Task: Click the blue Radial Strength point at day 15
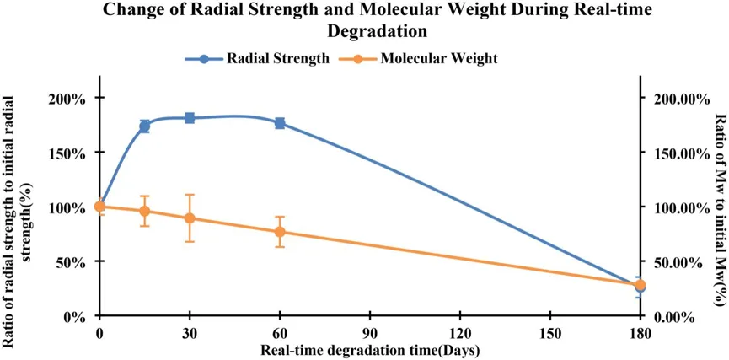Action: pos(145,126)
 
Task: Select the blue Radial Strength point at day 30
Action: pos(190,118)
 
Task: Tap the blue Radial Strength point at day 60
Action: pos(280,123)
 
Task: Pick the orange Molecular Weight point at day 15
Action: pos(145,211)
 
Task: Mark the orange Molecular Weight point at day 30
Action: pos(190,218)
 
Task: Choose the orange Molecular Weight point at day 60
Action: pos(280,232)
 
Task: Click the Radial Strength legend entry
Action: pos(258,59)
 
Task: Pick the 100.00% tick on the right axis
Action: pos(674,207)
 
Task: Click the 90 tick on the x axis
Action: pos(370,334)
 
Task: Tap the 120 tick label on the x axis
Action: pos(460,334)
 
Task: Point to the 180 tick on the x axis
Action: pos(641,334)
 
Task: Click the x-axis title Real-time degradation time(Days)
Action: pos(370,349)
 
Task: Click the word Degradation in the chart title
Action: pos(364,31)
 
